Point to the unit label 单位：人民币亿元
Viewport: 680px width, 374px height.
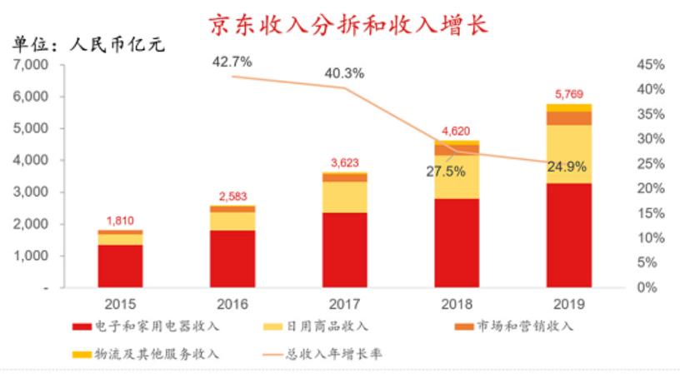tap(87, 44)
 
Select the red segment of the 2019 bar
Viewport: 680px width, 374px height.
tap(569, 235)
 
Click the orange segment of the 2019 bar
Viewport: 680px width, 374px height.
tap(569, 117)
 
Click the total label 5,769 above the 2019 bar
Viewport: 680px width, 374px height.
tap(569, 93)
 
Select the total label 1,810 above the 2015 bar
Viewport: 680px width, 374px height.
tap(120, 221)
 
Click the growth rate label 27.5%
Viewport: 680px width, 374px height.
tap(447, 172)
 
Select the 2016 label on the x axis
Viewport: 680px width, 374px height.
tap(232, 304)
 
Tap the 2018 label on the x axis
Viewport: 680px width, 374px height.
tap(457, 304)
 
